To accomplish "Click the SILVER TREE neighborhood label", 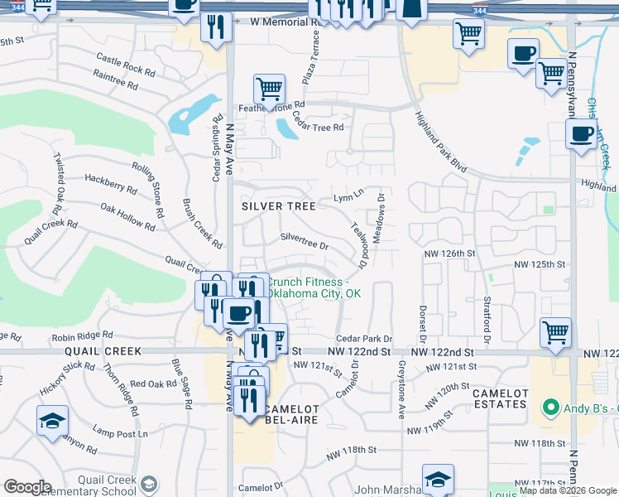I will pyautogui.click(x=278, y=205).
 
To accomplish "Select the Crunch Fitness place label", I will pyautogui.click(x=313, y=287).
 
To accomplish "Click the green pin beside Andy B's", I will pyautogui.click(x=547, y=408).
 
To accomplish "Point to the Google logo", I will pyautogui.click(x=27, y=487).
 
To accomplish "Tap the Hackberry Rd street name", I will pyautogui.click(x=110, y=183).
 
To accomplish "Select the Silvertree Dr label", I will pyautogui.click(x=305, y=241).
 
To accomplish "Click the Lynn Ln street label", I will pyautogui.click(x=348, y=196).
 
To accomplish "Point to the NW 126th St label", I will pyautogui.click(x=450, y=253).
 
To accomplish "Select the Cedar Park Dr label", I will pyautogui.click(x=364, y=339).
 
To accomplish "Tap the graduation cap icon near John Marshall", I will pyautogui.click(x=438, y=478).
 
